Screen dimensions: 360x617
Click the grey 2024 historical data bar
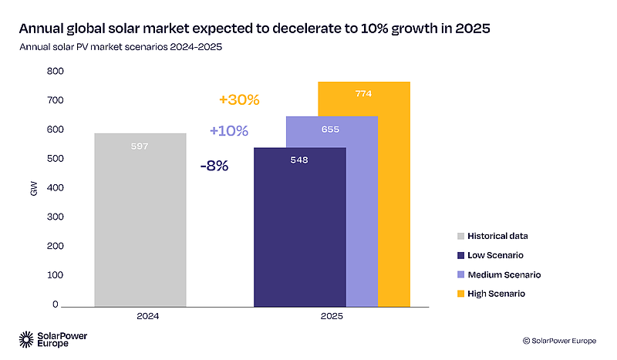point(140,220)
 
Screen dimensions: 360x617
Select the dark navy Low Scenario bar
point(299,231)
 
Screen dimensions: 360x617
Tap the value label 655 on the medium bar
point(330,130)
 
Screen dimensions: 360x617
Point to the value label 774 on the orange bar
point(364,94)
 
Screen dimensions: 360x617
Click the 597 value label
point(140,146)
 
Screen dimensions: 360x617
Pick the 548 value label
point(299,160)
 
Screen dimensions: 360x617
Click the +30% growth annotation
point(239,100)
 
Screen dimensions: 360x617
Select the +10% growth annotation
point(229,131)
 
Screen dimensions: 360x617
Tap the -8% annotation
point(214,166)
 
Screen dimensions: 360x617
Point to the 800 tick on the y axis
point(53,72)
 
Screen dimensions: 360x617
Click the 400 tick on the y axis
point(53,188)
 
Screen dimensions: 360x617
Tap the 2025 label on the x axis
point(332,316)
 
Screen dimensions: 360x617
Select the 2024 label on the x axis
point(140,316)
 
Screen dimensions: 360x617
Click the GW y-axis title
point(33,188)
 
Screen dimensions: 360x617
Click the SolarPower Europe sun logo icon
point(25,339)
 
